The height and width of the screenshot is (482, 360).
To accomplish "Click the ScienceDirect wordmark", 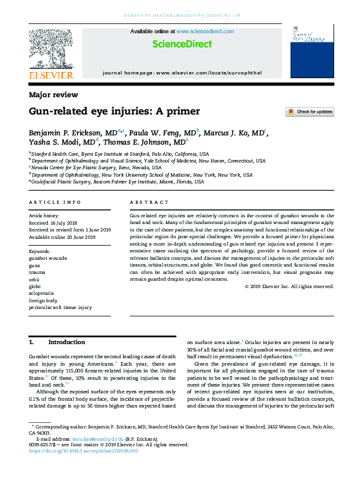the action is point(182,44).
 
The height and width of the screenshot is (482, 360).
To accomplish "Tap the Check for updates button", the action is point(310,112).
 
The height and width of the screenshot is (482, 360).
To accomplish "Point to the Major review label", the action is point(54,95).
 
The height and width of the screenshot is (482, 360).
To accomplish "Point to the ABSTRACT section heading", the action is point(149,202).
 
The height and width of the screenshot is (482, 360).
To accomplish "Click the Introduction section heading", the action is point(66,342).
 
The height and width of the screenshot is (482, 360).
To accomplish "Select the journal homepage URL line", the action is point(182,73).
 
